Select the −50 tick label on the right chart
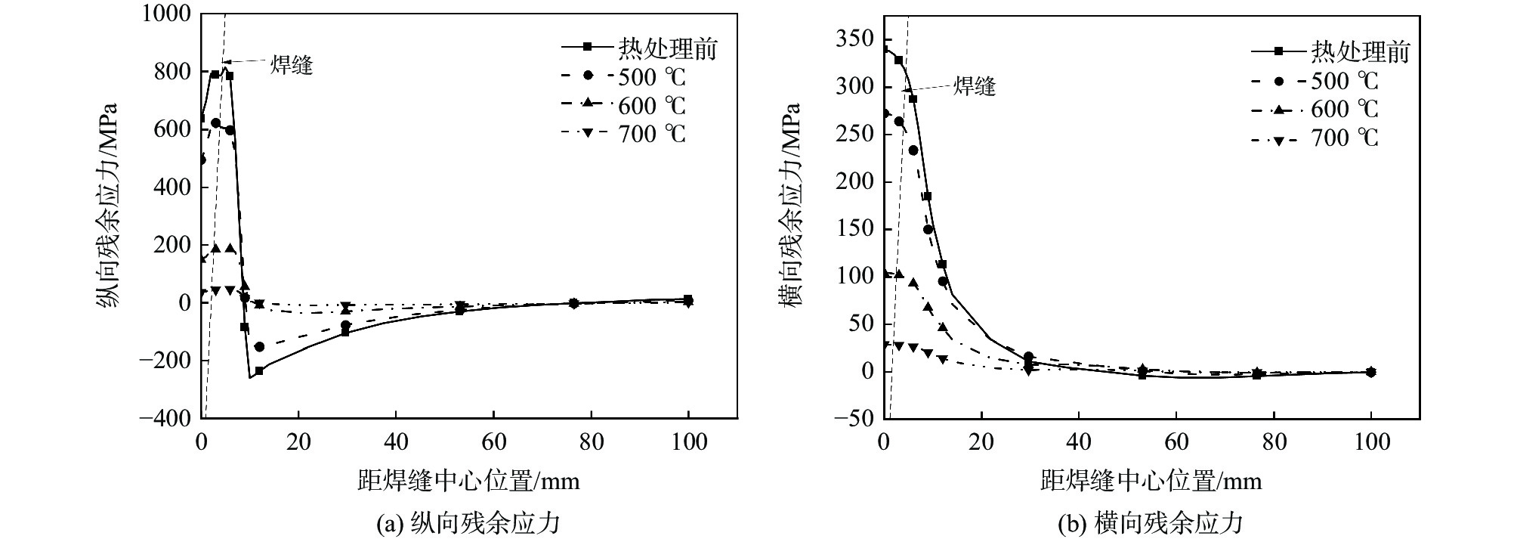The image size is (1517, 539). coord(852,418)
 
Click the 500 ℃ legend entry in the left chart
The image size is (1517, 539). coord(652,77)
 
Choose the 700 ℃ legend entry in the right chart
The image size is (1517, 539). coord(1345,138)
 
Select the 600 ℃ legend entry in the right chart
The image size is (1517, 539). coord(1345,110)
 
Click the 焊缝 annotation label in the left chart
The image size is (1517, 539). coord(291,65)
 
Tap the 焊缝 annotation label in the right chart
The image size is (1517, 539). coord(974,86)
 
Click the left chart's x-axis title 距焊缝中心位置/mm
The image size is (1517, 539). coord(468,481)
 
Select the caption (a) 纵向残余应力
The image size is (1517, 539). coord(468,522)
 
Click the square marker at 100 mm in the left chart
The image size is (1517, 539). coord(688,299)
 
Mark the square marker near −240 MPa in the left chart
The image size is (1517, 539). coord(259,371)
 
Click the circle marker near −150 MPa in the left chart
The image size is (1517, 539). coord(259,347)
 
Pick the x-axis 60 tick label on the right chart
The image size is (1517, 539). coord(1176,441)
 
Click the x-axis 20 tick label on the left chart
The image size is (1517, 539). coord(298,441)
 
